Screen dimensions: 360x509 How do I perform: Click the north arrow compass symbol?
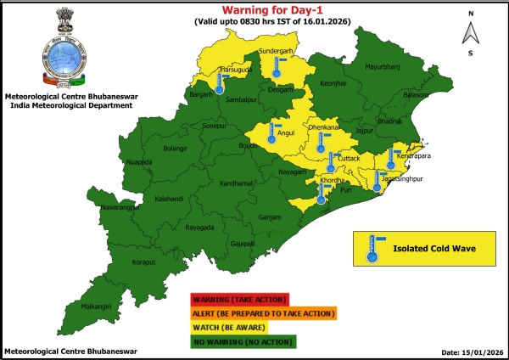(x=469, y=33)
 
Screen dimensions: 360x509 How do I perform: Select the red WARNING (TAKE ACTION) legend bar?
(x=240, y=300)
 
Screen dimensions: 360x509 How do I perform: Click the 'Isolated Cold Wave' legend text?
(x=432, y=250)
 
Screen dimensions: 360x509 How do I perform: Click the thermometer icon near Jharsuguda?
(x=221, y=83)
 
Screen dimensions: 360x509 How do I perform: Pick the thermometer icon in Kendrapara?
(x=391, y=159)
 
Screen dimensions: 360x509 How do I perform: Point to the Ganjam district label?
(x=270, y=217)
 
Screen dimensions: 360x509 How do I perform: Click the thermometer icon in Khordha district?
(x=321, y=194)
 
